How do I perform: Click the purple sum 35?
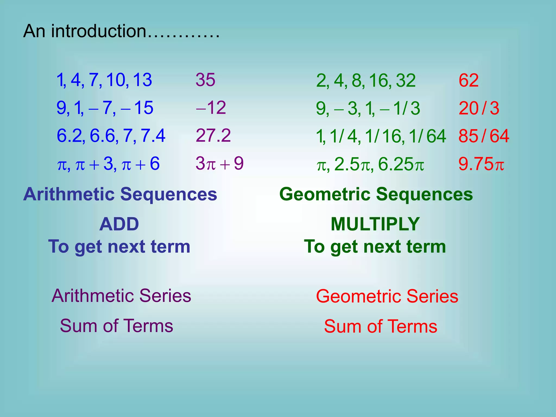click(x=206, y=80)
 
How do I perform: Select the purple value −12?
click(x=211, y=108)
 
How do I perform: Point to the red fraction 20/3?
click(x=479, y=108)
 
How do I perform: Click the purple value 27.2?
click(x=213, y=135)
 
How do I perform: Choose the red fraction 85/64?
click(x=484, y=136)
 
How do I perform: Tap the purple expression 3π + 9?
click(x=219, y=164)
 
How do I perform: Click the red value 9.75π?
click(x=481, y=164)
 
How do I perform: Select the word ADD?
click(x=119, y=224)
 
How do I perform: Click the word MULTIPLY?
click(x=375, y=224)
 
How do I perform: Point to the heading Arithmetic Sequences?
click(x=120, y=194)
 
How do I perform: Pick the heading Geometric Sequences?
click(x=376, y=194)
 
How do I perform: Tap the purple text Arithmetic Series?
click(x=121, y=296)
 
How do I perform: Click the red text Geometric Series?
click(x=387, y=296)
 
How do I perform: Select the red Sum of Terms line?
click(x=380, y=326)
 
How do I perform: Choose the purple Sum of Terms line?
click(x=116, y=326)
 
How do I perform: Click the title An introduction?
click(x=121, y=31)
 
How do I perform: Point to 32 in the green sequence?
click(x=406, y=81)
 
